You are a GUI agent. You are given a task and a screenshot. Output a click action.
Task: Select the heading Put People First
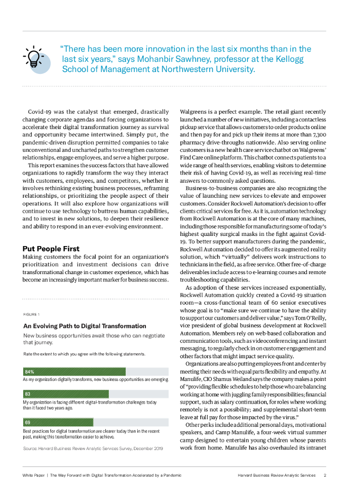pos(51,248)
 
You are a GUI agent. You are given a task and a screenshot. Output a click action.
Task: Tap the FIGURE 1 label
pos(31,314)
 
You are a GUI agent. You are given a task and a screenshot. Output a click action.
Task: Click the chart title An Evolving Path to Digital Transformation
pos(85,326)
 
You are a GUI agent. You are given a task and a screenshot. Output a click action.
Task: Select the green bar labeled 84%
pos(74,371)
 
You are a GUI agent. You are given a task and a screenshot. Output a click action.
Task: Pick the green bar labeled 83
pos(66,394)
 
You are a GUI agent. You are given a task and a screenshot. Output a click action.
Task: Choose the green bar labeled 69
pos(58,422)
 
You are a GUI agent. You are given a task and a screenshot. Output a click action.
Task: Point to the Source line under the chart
pos(93,449)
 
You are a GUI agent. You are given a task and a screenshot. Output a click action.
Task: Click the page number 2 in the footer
pos(325,475)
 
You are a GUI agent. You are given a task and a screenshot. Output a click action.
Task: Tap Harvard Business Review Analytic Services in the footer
pos(276,475)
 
